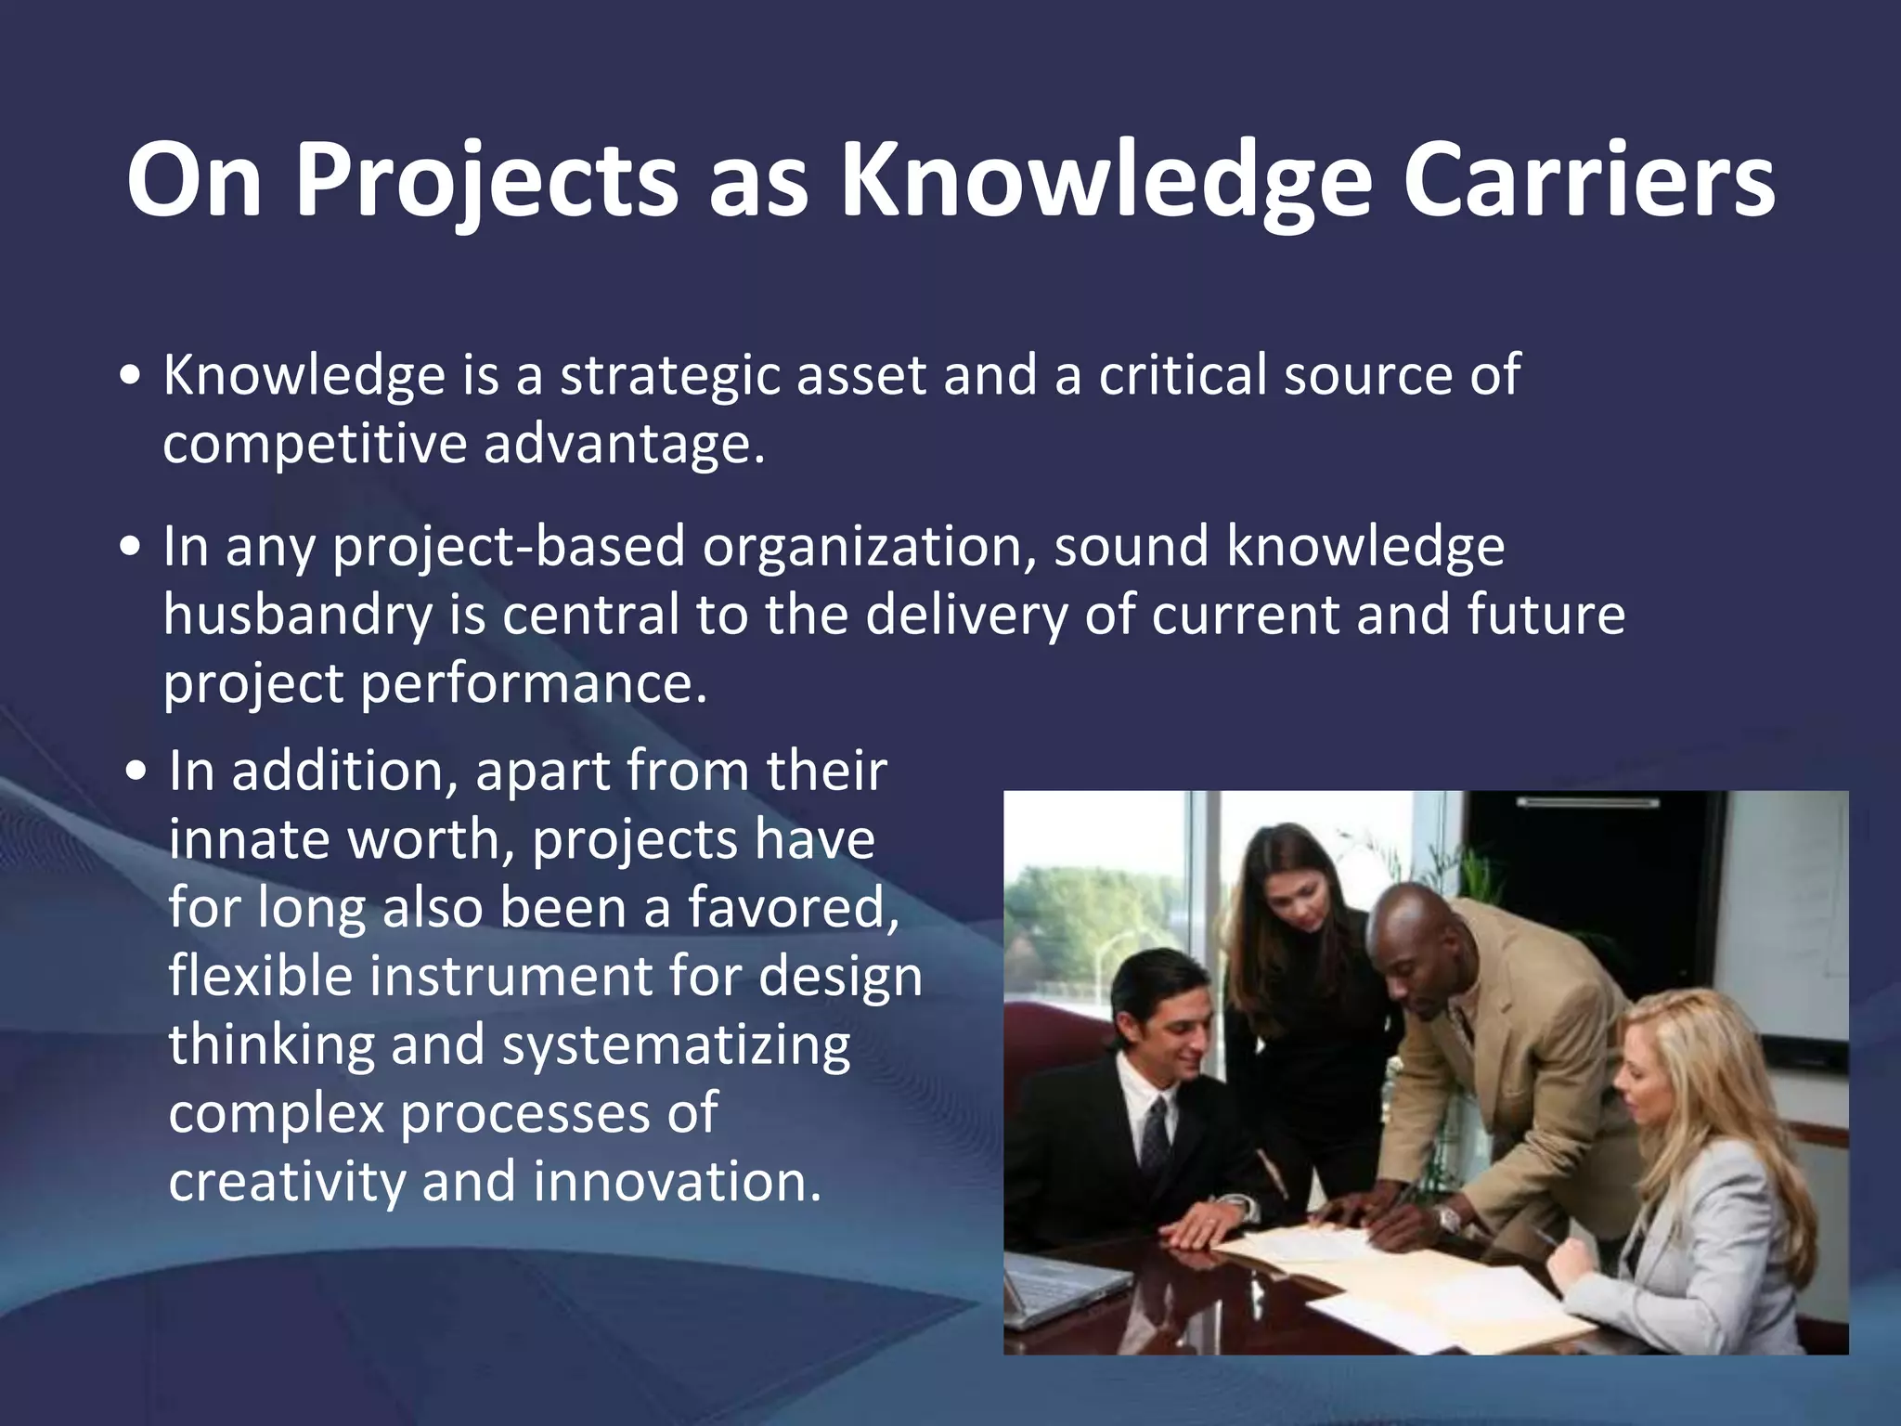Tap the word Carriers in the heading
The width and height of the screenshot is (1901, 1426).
coord(1588,181)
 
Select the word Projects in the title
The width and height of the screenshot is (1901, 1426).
coord(486,181)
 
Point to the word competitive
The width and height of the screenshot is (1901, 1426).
coord(315,444)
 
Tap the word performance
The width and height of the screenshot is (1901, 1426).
coord(534,684)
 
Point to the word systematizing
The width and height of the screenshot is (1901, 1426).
coord(676,1045)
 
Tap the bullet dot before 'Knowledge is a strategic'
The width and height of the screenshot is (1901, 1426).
coord(132,377)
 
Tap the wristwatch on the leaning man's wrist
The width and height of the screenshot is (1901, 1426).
coord(1449,1217)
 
